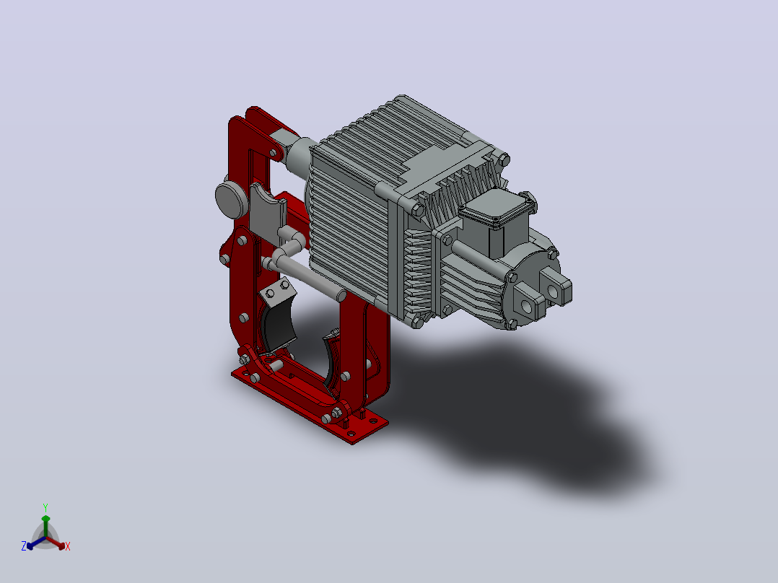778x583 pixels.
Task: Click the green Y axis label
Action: point(45,507)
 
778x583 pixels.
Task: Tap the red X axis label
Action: point(68,546)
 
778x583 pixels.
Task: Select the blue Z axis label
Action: point(24,546)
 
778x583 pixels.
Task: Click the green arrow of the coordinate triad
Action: point(45,526)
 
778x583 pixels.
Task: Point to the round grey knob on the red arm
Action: point(231,199)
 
